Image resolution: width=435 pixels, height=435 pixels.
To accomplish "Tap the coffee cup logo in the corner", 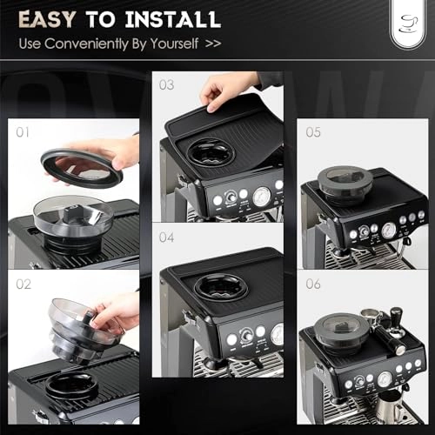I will [405, 23].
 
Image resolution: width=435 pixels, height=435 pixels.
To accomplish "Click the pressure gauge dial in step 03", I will [262, 197].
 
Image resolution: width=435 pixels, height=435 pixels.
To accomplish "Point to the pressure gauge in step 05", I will [388, 230].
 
